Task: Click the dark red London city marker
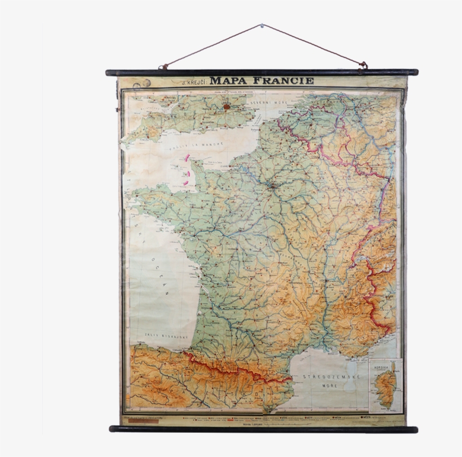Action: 226,105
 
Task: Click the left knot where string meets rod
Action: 164,67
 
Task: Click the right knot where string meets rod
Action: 362,66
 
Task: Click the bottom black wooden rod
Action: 263,429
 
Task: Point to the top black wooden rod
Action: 262,73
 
